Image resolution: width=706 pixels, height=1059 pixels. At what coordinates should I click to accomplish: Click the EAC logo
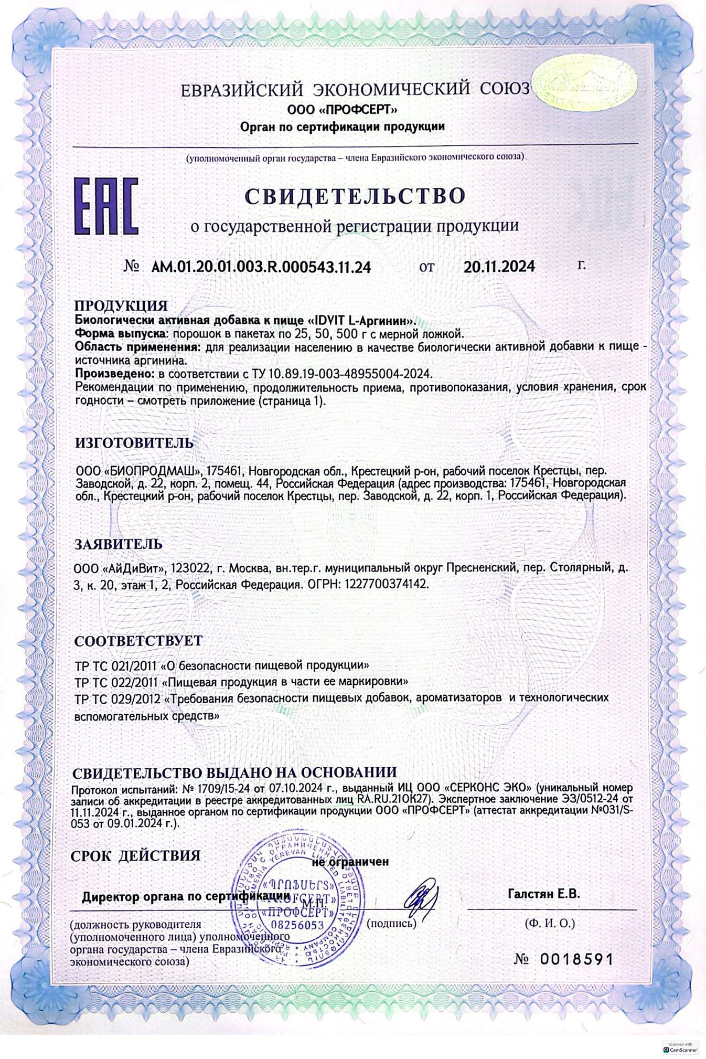pyautogui.click(x=106, y=205)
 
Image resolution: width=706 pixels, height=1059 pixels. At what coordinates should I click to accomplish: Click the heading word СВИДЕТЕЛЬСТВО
pyautogui.click(x=355, y=196)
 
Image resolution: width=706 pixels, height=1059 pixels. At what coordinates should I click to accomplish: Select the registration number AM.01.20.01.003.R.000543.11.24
pyautogui.click(x=261, y=267)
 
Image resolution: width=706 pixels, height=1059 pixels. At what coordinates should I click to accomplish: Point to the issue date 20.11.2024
pyautogui.click(x=499, y=267)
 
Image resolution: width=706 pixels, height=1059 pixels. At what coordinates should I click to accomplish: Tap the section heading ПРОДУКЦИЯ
pyautogui.click(x=121, y=305)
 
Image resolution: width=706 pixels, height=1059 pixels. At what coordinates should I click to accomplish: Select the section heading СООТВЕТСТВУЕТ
pyautogui.click(x=138, y=641)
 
